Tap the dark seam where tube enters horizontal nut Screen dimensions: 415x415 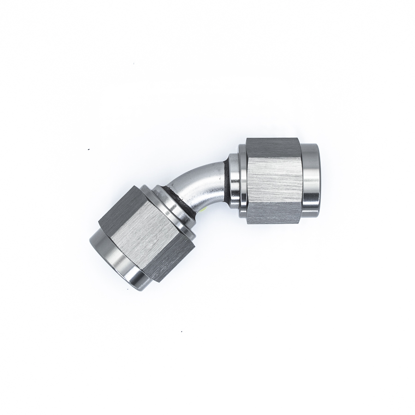click(x=227, y=175)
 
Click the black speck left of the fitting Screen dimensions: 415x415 click(x=89, y=149)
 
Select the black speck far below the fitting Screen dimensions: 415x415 click(x=182, y=331)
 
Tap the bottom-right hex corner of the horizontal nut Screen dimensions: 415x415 click(x=300, y=223)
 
